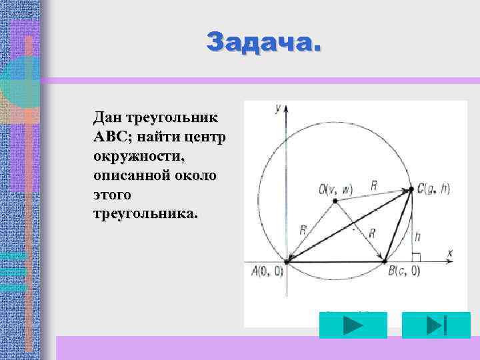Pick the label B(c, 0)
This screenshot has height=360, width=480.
point(403,271)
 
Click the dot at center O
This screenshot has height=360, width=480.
point(333,201)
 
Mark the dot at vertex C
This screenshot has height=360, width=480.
point(411,189)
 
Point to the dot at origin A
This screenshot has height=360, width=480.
point(287,261)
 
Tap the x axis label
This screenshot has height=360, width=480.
point(449,253)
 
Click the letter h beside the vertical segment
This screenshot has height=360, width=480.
point(418,237)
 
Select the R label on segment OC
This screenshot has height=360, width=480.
point(374,186)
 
